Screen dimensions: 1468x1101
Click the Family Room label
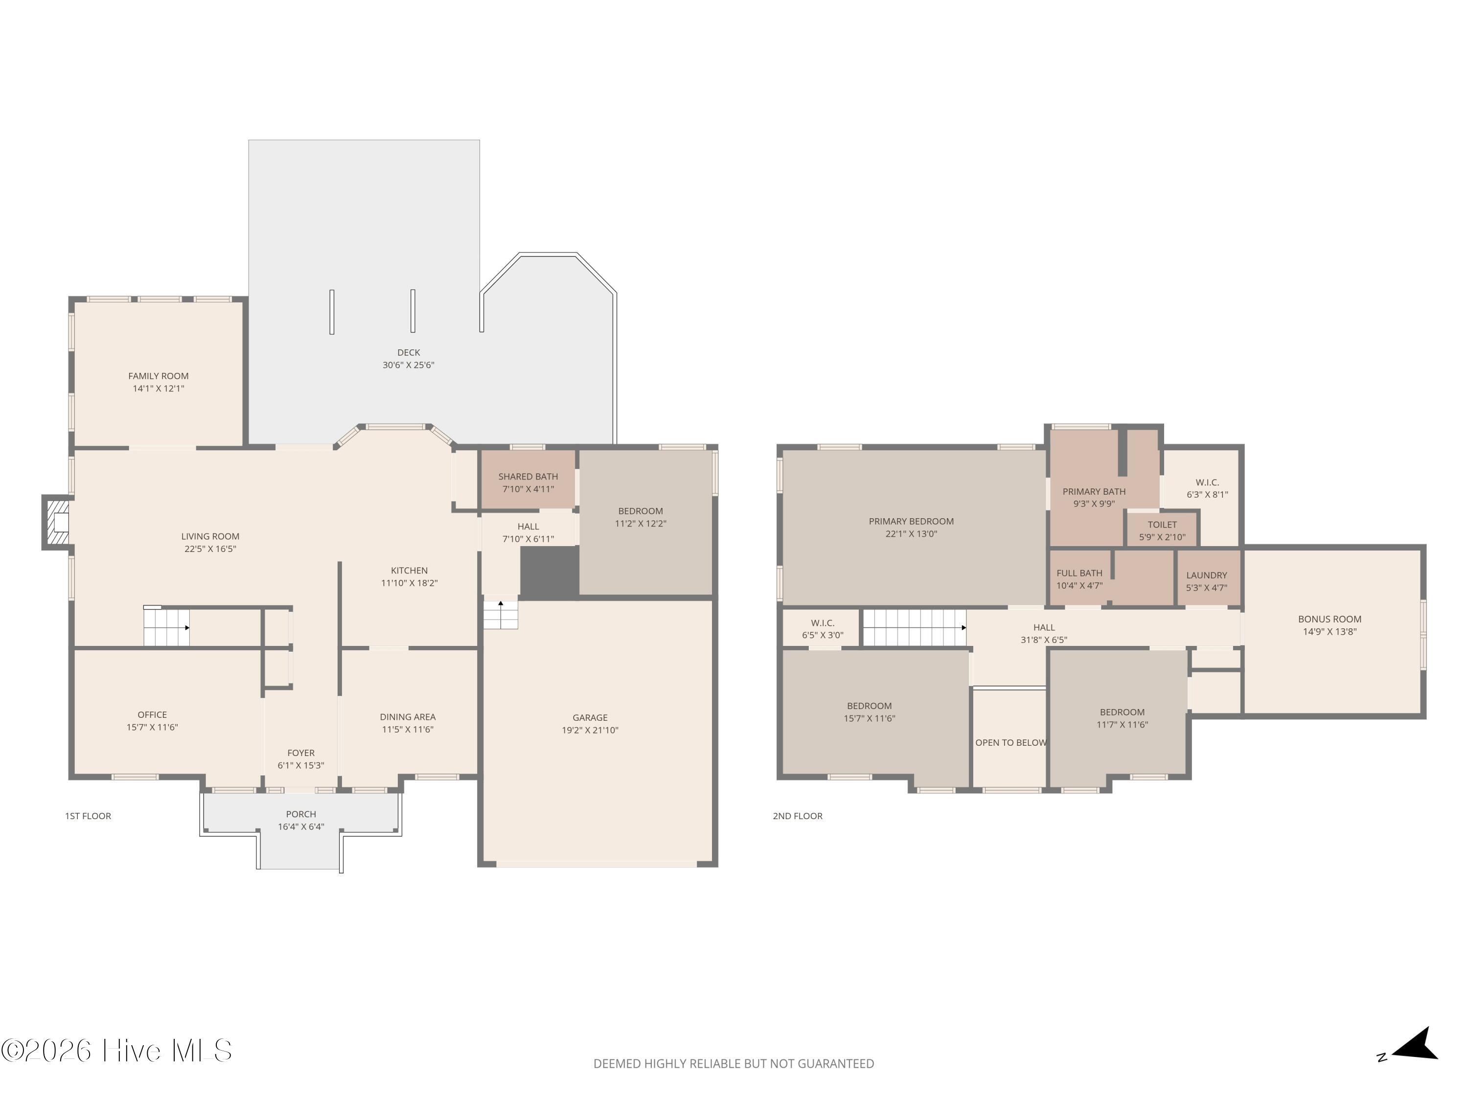point(158,376)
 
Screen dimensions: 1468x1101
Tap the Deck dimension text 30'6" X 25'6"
point(408,365)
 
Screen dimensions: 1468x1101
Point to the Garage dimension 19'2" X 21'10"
point(590,730)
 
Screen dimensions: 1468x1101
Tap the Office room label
point(152,715)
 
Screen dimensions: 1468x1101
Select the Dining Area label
point(408,717)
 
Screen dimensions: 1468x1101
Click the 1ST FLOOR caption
point(88,816)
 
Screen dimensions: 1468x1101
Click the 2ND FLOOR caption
point(797,816)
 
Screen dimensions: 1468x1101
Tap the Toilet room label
point(1162,524)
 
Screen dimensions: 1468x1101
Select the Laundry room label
point(1207,575)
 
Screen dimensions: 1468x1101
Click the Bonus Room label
point(1330,619)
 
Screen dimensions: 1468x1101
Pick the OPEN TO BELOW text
point(1011,743)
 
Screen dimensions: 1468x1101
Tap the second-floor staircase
point(914,627)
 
